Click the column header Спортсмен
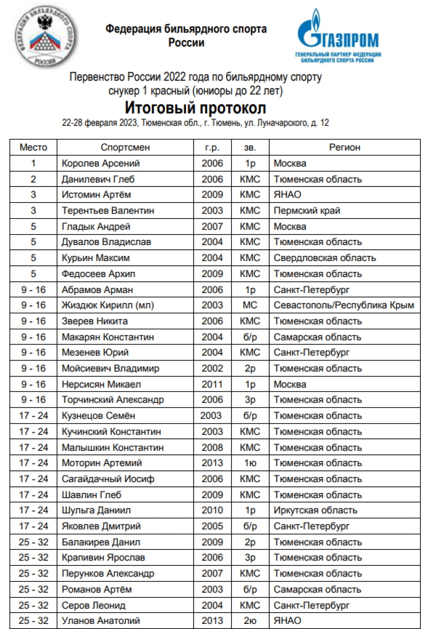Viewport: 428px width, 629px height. point(126,147)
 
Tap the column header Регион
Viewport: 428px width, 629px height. point(345,147)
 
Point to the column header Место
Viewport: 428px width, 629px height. point(34,147)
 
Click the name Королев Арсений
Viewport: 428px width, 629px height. point(100,163)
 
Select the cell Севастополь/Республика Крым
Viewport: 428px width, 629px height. point(344,305)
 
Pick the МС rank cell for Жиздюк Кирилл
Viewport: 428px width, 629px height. point(250,305)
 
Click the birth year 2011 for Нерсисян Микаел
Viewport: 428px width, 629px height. point(212,384)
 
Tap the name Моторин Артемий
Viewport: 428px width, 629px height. point(102,463)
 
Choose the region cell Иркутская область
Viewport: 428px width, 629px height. point(316,510)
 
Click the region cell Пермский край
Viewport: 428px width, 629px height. point(307,211)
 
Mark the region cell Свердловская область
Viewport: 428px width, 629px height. point(325,258)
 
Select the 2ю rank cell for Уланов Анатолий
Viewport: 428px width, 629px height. point(250,620)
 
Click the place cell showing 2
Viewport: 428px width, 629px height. point(34,179)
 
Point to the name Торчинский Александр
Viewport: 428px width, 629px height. point(112,400)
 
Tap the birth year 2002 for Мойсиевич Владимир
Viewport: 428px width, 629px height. point(212,368)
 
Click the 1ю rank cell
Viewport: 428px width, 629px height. point(250,463)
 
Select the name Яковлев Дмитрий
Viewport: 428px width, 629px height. point(101,526)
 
